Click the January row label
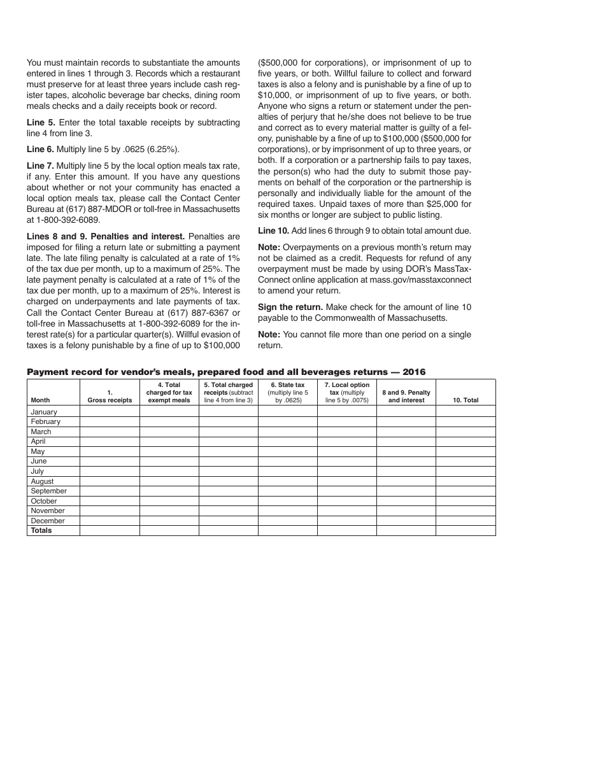44,412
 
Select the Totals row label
41,530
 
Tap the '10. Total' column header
466,400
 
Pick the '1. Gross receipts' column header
110,397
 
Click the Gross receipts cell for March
110,432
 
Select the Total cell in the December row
466,521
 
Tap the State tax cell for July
288,471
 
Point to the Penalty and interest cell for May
406,451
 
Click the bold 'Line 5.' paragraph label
41,122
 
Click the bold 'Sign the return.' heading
290,307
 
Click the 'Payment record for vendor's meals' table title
226,372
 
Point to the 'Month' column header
40,400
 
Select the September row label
48,491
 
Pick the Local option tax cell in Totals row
347,530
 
